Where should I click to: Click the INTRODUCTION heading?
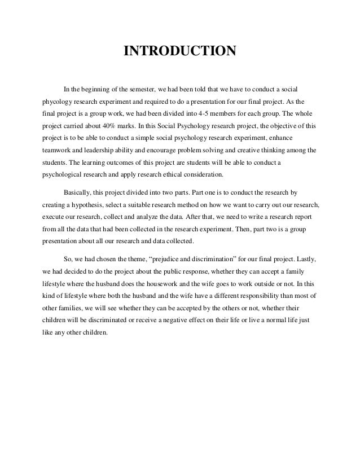coord(179,52)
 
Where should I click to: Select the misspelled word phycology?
coord(58,104)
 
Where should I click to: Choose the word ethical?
coord(175,173)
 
